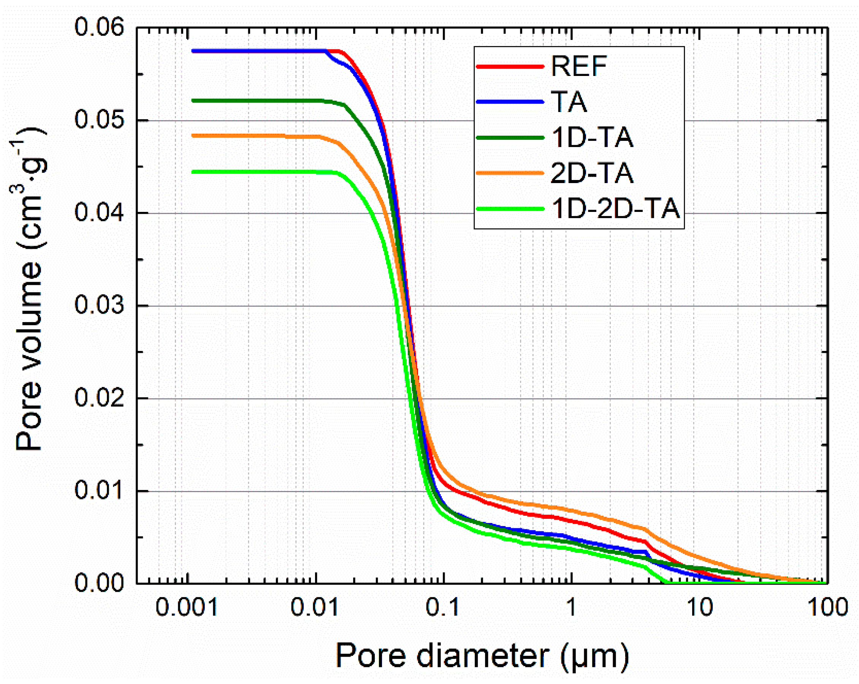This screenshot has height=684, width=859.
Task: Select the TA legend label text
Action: click(x=569, y=102)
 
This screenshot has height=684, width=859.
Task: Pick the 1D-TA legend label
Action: click(x=592, y=138)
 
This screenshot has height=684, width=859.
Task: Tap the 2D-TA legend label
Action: click(x=592, y=173)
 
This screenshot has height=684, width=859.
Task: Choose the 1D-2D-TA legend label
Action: click(x=615, y=209)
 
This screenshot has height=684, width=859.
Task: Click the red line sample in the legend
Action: click(x=510, y=66)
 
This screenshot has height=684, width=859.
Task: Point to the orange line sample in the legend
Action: click(x=510, y=173)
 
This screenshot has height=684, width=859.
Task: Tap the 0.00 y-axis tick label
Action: click(x=99, y=583)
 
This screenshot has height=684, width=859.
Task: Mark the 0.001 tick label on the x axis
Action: click(x=186, y=608)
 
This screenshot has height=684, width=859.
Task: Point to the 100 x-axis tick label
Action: click(x=827, y=608)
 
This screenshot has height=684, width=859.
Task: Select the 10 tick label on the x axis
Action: click(x=700, y=608)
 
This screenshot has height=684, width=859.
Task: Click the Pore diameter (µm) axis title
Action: click(x=482, y=656)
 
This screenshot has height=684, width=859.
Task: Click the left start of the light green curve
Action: click(x=193, y=172)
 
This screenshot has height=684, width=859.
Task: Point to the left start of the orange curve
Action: click(x=193, y=136)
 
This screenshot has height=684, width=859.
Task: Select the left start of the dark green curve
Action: click(x=193, y=101)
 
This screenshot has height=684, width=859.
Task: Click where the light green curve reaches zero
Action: click(x=664, y=583)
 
